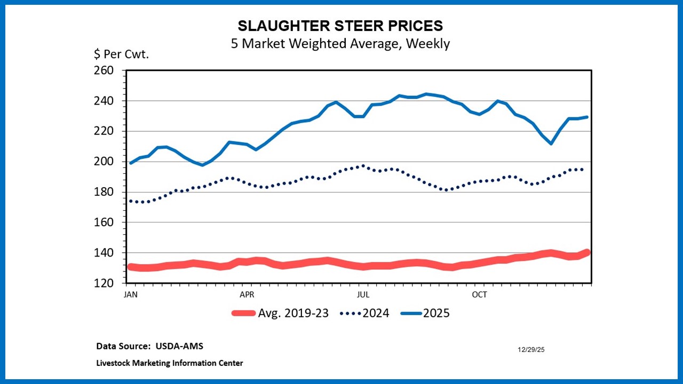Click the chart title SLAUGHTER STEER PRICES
[x=340, y=26]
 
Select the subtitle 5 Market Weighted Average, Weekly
[x=340, y=44]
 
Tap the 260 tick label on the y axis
[x=104, y=70]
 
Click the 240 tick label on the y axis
[x=104, y=101]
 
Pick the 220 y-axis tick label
[x=104, y=131]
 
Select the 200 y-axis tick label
[x=104, y=162]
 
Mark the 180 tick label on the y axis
[x=104, y=192]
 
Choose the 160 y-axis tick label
[x=104, y=222]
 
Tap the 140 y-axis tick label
[x=104, y=253]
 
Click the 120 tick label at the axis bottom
[x=104, y=283]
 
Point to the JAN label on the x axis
[x=130, y=294]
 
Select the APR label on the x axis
[x=247, y=294]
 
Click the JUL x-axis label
[x=363, y=294]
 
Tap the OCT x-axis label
[x=480, y=294]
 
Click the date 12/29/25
[x=531, y=350]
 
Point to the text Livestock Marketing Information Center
[x=170, y=363]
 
